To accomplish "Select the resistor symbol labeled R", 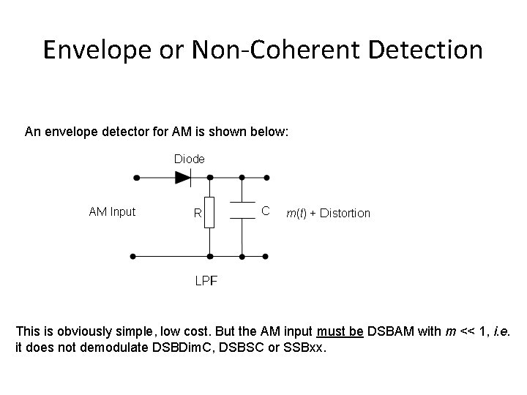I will (210, 212).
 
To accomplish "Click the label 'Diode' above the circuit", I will (189, 158).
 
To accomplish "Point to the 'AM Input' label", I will (112, 212).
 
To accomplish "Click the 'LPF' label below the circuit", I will (205, 280).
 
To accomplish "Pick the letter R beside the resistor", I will (197, 214).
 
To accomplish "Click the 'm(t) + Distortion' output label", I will (328, 213).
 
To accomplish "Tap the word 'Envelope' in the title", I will (90, 51).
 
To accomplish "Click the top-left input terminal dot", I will (134, 177).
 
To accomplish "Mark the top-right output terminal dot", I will (266, 177).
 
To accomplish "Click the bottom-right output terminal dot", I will (266, 257).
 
